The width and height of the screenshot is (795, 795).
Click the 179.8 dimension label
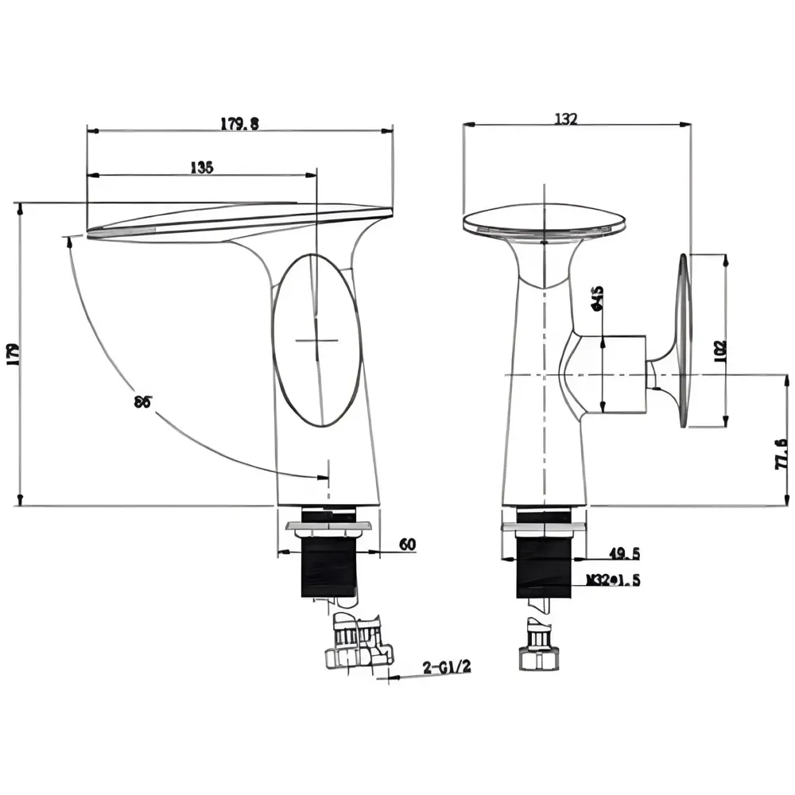(x=239, y=123)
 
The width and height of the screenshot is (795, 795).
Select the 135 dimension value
(x=201, y=167)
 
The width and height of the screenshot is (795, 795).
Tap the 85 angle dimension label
(x=142, y=401)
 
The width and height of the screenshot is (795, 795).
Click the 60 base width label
(x=406, y=545)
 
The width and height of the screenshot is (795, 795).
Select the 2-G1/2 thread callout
(x=447, y=667)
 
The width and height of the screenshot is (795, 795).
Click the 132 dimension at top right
(x=565, y=118)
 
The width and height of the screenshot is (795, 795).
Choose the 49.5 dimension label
(x=624, y=553)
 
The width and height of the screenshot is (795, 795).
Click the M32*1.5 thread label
(x=613, y=580)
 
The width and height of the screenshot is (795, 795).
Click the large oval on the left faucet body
(x=316, y=340)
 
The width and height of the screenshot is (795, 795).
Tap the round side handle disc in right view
(x=682, y=342)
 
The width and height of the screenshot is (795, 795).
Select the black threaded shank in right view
(x=544, y=565)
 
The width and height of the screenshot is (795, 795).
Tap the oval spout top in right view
(x=545, y=221)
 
